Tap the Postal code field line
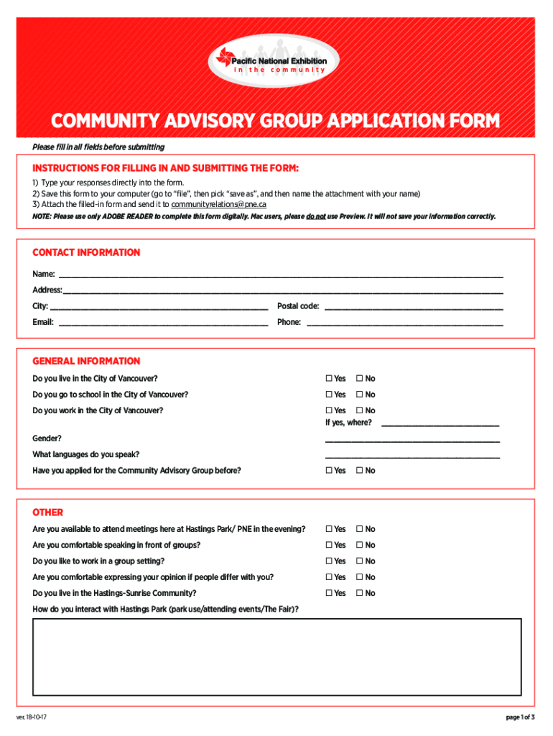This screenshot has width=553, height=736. point(414,308)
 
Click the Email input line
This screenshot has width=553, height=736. point(163,323)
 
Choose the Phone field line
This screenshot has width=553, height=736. point(405,323)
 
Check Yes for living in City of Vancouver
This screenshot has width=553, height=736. point(329,379)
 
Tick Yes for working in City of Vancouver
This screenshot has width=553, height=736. point(329,410)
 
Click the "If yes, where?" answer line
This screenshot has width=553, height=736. point(440,424)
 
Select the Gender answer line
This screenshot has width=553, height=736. point(412,440)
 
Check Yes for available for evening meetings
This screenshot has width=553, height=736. point(329,530)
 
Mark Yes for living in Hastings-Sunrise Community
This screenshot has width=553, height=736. point(329,594)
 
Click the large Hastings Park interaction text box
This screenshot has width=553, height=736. point(277,657)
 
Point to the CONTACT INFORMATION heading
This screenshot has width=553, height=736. point(86,252)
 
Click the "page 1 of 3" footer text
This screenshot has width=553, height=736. point(519,718)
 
